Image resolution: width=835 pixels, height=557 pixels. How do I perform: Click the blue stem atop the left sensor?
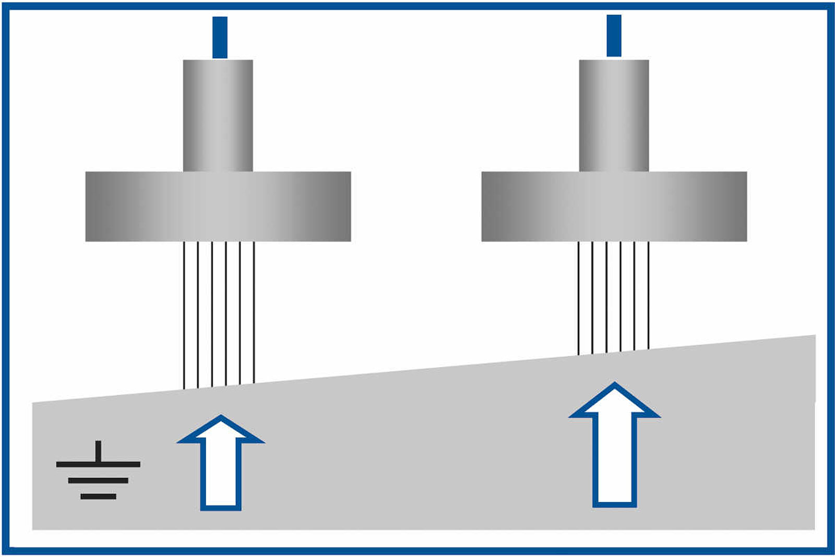(x=220, y=38)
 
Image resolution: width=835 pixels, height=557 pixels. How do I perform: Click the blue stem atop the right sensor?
(x=614, y=35)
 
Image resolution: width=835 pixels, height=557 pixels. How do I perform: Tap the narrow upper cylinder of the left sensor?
(x=218, y=115)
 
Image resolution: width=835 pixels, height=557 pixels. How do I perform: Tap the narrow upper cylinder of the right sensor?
(x=614, y=115)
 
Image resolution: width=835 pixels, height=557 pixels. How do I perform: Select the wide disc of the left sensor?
(x=218, y=206)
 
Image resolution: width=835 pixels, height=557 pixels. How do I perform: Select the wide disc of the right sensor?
(x=614, y=206)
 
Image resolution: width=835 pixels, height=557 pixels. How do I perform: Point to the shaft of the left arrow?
(x=221, y=475)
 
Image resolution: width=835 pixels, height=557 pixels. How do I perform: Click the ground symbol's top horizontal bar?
(x=98, y=464)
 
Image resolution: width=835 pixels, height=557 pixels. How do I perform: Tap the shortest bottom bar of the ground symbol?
(x=98, y=497)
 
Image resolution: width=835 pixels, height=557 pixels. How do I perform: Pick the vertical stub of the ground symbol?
(x=98, y=451)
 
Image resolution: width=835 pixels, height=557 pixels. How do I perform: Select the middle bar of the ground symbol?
(x=98, y=480)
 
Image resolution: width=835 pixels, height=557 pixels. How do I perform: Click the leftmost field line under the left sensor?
(x=184, y=313)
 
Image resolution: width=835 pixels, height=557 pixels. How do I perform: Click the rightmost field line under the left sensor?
(x=254, y=313)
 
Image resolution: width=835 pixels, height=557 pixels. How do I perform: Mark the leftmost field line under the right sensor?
(x=578, y=297)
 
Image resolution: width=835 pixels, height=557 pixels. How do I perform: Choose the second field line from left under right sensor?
(x=592, y=297)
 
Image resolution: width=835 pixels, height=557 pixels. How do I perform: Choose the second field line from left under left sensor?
(x=198, y=313)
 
